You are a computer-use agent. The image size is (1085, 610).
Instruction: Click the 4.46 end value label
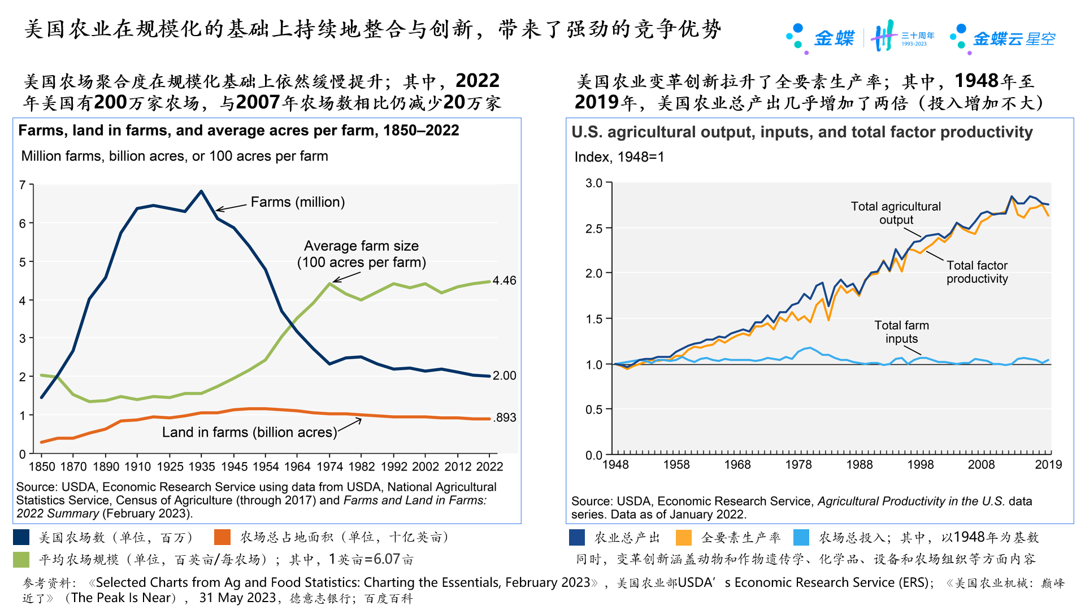[x=504, y=281]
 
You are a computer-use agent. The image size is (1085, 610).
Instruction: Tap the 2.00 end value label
[x=504, y=376]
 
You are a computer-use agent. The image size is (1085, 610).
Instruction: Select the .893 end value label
[x=505, y=417]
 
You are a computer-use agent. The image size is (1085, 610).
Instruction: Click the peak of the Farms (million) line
[x=201, y=191]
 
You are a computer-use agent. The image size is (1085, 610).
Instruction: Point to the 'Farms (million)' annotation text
[x=297, y=202]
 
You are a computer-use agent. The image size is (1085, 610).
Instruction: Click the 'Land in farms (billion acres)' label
[x=249, y=432]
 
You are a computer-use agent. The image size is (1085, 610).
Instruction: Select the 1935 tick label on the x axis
[x=202, y=467]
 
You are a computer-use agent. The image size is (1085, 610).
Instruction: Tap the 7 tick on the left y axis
[x=23, y=185]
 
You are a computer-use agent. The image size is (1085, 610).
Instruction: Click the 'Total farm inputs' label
[x=901, y=332]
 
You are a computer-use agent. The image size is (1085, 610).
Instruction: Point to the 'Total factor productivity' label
[x=977, y=272]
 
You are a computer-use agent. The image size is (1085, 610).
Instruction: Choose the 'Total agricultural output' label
[x=896, y=213]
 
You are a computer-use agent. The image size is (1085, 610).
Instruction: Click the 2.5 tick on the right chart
[x=594, y=228]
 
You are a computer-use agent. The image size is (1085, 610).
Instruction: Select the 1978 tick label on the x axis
[x=798, y=464]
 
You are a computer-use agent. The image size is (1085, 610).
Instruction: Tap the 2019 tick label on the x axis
[x=1048, y=464]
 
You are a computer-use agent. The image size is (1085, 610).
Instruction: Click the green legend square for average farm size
[x=21, y=559]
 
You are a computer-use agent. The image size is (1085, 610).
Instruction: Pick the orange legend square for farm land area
[x=223, y=537]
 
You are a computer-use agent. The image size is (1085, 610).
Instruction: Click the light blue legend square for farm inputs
[x=801, y=537]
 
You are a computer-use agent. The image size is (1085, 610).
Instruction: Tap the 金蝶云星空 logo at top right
[x=1004, y=38]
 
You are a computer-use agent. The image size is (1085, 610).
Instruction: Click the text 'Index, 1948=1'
[x=619, y=157]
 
